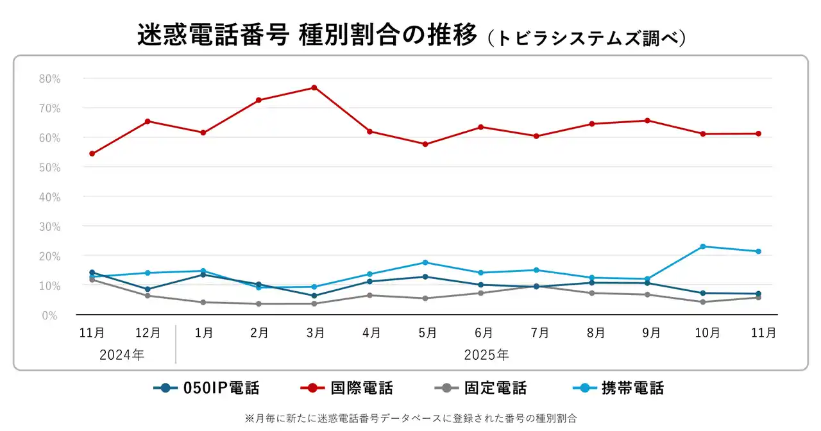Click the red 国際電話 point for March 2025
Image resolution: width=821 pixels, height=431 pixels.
tap(314, 87)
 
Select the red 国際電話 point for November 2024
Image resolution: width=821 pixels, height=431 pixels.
tap(92, 153)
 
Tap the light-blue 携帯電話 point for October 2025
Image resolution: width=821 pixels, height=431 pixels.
tap(703, 246)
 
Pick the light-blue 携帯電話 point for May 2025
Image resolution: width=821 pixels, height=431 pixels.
tap(425, 262)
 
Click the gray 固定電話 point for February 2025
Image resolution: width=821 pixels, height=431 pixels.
tap(258, 303)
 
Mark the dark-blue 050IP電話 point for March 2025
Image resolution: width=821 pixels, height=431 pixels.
tap(314, 296)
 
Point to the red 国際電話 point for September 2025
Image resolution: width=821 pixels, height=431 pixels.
tap(647, 121)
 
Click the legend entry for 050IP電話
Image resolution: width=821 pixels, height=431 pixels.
tap(207, 388)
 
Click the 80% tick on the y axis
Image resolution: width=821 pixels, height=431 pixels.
tap(49, 79)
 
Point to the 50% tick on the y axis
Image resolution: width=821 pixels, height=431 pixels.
tap(49, 167)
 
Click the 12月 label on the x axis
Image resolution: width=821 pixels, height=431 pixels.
tap(148, 333)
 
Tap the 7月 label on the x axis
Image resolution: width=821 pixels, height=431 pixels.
tap(540, 333)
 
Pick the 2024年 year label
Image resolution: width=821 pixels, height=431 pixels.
tap(122, 355)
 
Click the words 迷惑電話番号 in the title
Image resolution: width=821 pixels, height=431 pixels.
tap(212, 35)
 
